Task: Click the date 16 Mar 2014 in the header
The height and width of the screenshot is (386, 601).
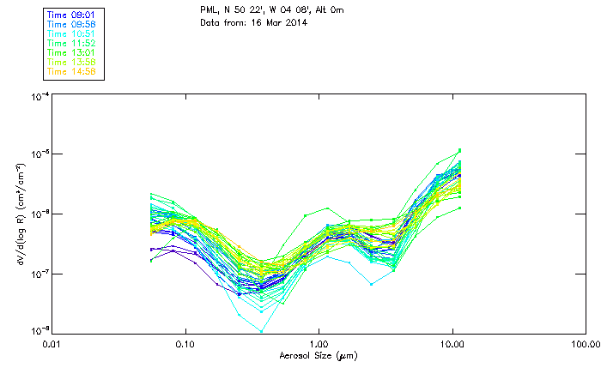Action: tap(278, 22)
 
